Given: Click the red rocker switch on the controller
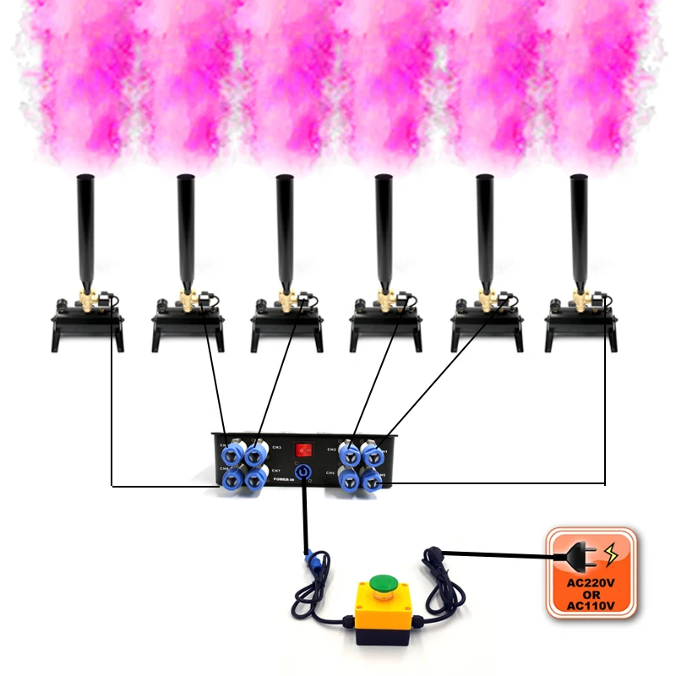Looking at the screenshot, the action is (303, 449).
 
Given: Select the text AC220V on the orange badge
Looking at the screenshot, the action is (591, 582).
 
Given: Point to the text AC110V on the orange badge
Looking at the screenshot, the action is (591, 605).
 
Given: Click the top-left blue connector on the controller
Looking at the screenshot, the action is (229, 452).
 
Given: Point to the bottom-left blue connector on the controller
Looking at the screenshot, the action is (229, 479).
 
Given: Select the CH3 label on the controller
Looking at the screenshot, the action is (275, 446).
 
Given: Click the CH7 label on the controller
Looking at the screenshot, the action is (275, 470).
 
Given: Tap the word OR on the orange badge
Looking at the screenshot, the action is (591, 594).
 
